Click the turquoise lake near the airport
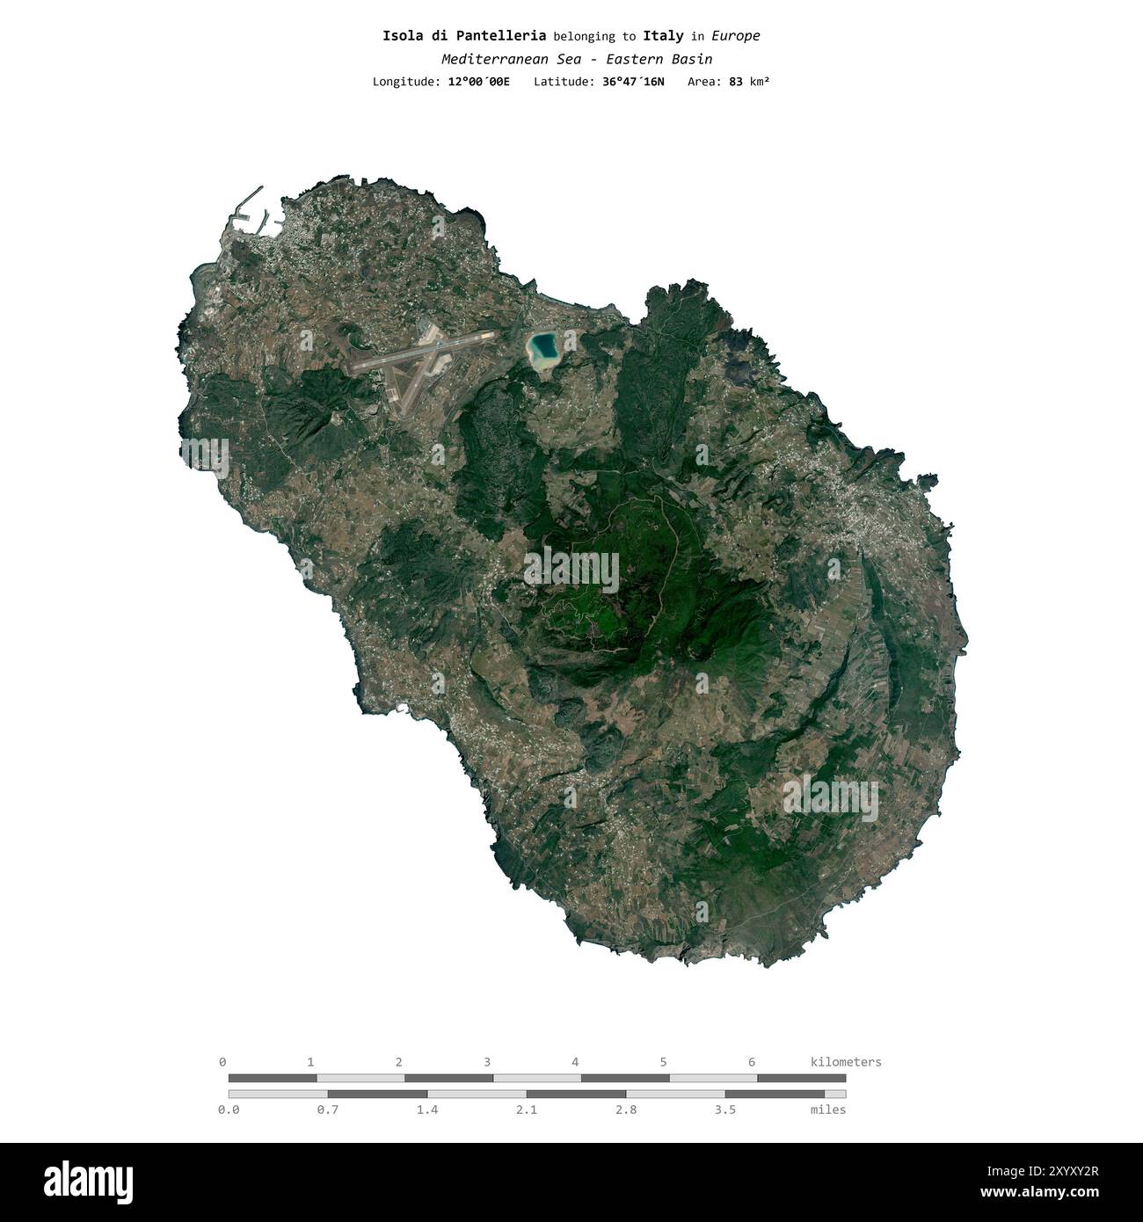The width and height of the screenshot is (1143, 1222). tap(542, 349)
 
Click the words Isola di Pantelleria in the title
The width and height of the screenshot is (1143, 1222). tap(464, 36)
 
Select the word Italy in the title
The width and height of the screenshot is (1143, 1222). tap(663, 36)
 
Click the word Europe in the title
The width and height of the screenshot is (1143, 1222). tap(735, 36)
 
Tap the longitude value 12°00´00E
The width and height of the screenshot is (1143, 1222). tap(478, 82)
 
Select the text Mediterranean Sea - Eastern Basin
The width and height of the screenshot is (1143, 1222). tap(577, 59)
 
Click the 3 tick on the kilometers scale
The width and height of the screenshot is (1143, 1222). tap(487, 1062)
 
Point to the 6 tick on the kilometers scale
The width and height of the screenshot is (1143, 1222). tap(752, 1062)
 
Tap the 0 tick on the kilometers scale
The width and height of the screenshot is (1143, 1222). tap(222, 1062)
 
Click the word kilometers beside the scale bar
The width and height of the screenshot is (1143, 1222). tap(845, 1062)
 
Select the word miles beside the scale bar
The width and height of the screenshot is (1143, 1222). tap(827, 1109)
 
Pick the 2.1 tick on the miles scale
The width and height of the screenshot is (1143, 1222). tap(527, 1109)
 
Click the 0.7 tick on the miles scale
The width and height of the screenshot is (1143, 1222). tap(328, 1109)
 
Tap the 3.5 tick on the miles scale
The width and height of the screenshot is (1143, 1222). tap(725, 1109)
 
